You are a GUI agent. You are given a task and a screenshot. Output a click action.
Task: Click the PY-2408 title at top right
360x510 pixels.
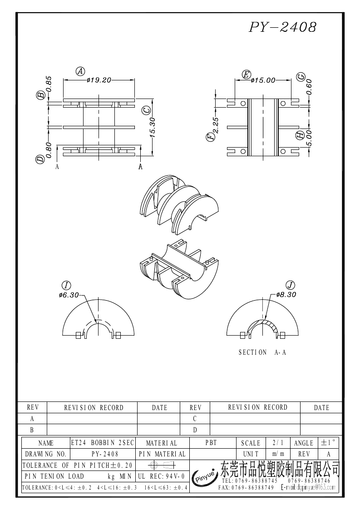(x=282, y=27)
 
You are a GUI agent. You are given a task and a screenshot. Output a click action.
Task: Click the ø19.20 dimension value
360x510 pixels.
(x=99, y=80)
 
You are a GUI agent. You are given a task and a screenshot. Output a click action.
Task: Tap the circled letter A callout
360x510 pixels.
(x=80, y=71)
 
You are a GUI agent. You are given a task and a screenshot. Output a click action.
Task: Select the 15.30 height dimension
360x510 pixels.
(x=153, y=128)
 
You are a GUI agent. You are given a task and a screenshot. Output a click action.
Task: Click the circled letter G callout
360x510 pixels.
(x=301, y=77)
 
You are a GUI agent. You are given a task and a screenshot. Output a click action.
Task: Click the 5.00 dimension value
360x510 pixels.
(x=309, y=138)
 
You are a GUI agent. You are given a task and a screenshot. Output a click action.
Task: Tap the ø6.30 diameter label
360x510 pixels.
(x=69, y=295)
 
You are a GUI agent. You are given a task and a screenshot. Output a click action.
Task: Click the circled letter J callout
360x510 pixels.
(x=290, y=285)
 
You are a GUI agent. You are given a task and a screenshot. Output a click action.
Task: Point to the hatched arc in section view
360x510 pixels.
(x=264, y=324)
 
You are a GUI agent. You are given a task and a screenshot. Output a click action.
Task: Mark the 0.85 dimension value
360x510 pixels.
(x=49, y=83)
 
